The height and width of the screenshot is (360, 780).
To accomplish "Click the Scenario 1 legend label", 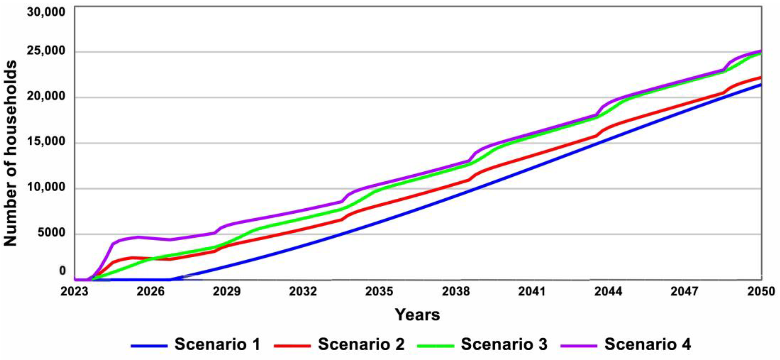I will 217,344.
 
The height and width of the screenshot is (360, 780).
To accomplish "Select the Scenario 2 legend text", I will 361,344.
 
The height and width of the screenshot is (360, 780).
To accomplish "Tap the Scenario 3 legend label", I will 504,344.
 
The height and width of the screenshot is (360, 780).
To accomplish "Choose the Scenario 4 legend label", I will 648,344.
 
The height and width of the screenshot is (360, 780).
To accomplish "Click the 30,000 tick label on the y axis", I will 46,12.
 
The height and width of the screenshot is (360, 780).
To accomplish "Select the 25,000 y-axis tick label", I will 46,51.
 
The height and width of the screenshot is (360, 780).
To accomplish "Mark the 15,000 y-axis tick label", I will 46,141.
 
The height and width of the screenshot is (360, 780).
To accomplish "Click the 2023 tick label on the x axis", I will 74,291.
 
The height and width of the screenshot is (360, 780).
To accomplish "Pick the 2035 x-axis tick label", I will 379,291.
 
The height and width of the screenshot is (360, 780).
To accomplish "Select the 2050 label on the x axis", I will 761,291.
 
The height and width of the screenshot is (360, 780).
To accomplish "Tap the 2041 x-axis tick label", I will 532,291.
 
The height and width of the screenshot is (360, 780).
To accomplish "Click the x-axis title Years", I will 417,315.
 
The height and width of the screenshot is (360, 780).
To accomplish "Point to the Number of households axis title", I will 10,153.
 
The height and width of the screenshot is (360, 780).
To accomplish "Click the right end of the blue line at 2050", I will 760,85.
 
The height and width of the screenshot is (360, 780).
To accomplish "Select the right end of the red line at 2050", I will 760,77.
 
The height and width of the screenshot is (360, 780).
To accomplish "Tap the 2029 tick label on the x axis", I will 227,291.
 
